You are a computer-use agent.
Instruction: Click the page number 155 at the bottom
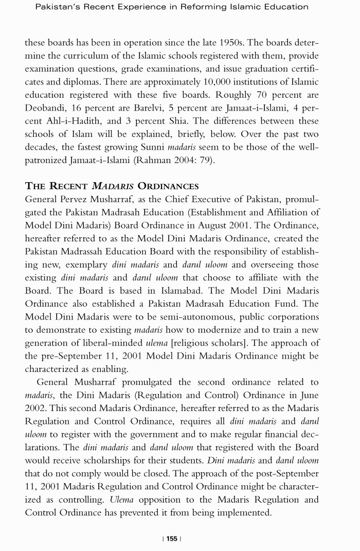point(172,539)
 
